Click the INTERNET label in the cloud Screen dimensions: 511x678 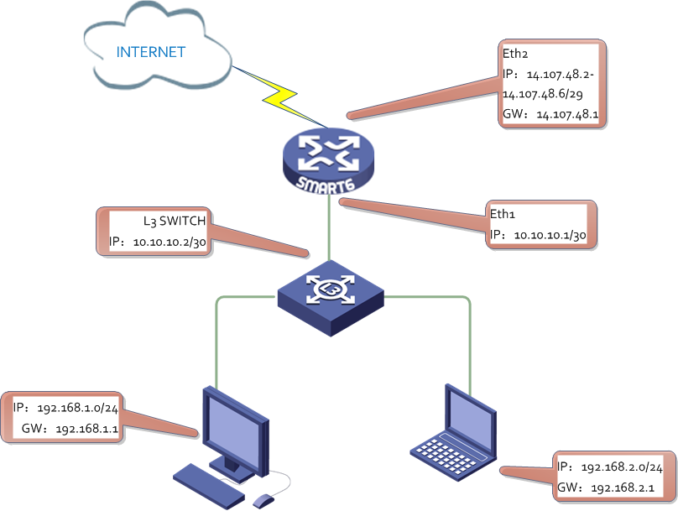[x=150, y=52]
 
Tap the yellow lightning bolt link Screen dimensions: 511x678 [x=283, y=95]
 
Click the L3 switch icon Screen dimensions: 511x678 [x=331, y=293]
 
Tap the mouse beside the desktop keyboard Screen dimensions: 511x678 [x=263, y=500]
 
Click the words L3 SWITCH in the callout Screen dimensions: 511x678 [x=175, y=222]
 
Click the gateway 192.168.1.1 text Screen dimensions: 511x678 [x=86, y=429]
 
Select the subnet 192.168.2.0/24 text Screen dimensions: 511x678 [x=622, y=467]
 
